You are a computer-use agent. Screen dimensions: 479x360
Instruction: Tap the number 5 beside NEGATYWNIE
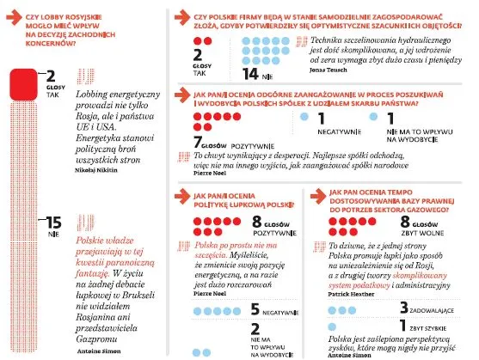coord(255,308)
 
